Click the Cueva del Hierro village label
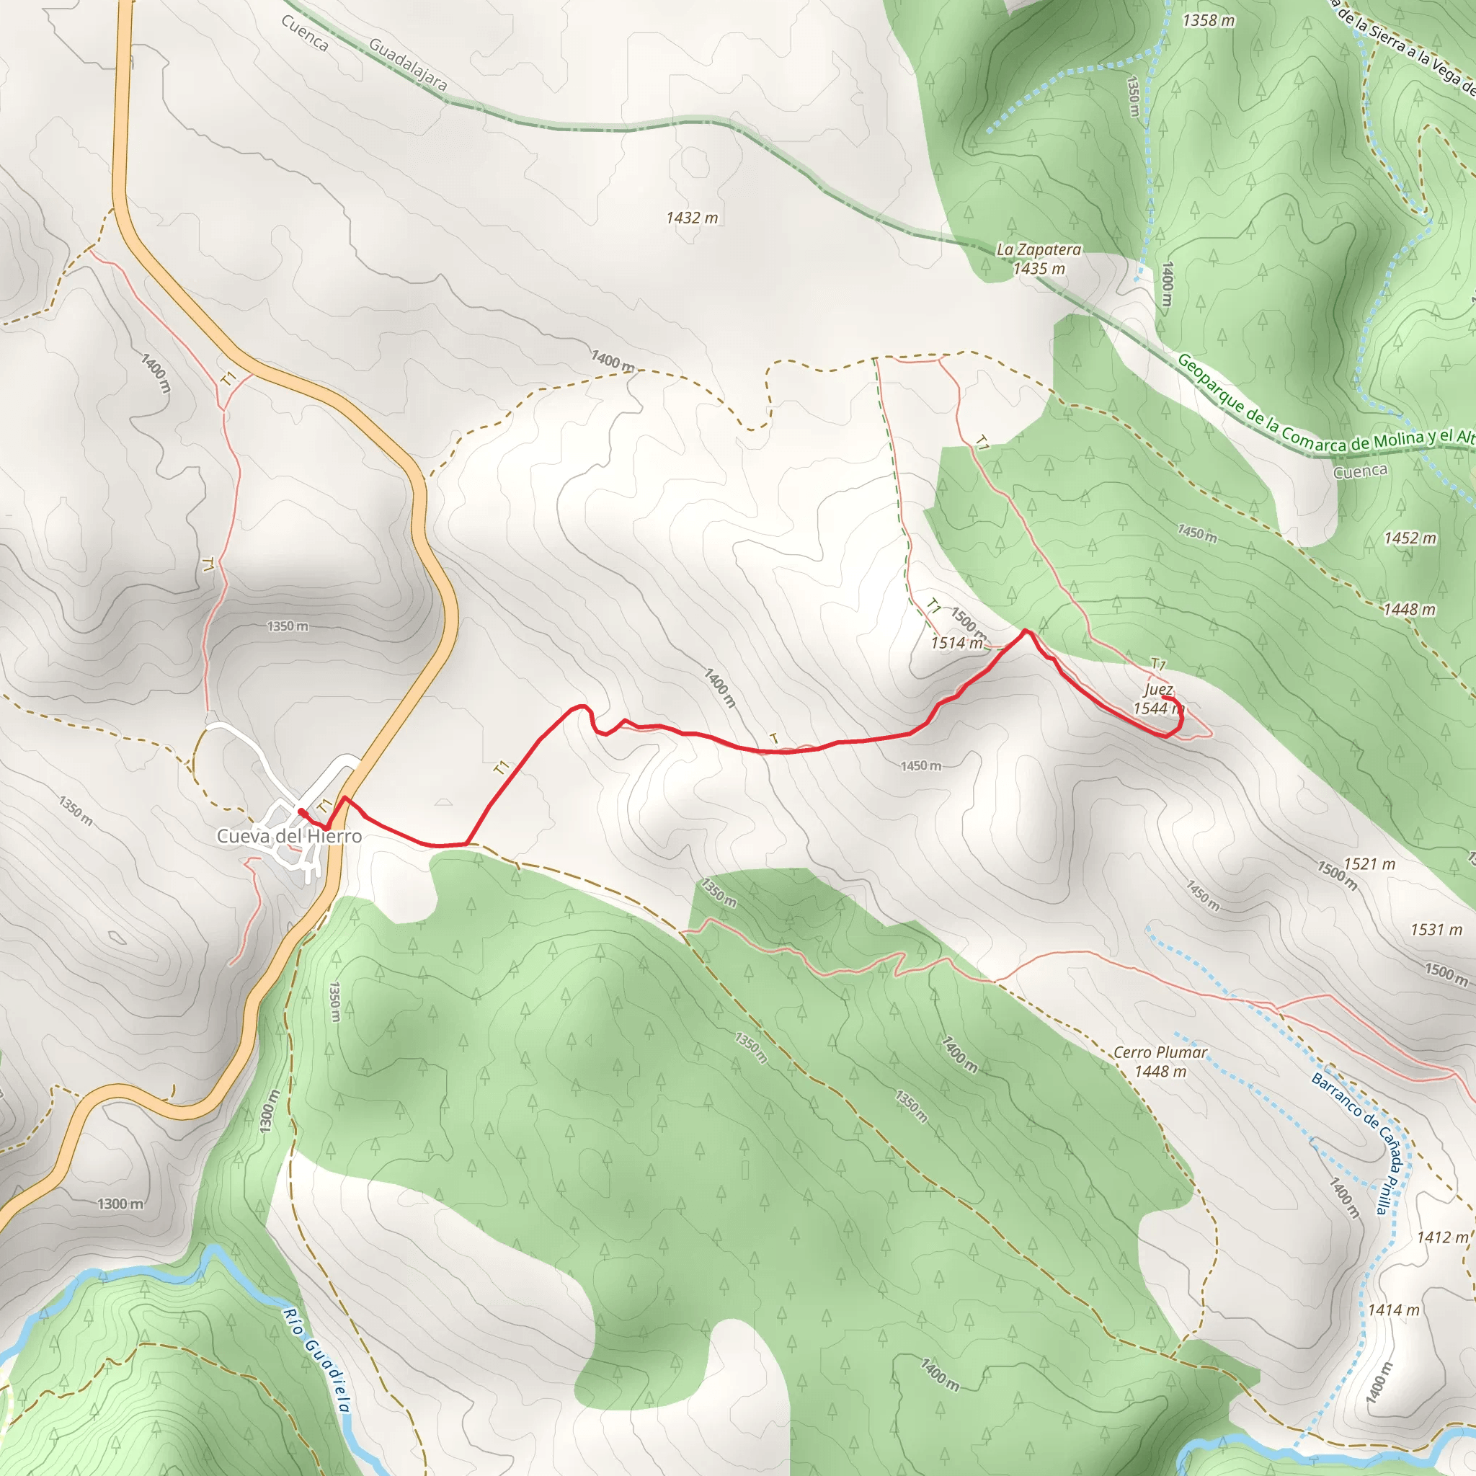tap(289, 836)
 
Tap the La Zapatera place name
tap(1039, 250)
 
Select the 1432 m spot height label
tap(691, 218)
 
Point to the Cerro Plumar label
tap(1160, 1052)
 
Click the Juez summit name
tap(1158, 689)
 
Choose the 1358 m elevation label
tap(1208, 21)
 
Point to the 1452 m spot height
tap(1410, 538)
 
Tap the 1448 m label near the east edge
tap(1409, 609)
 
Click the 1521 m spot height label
tap(1369, 863)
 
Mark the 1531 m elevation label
tap(1436, 929)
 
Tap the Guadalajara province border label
tap(407, 65)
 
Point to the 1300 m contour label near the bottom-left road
tap(120, 1204)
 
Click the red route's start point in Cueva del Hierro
tap(302, 812)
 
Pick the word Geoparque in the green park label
tap(1212, 383)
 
